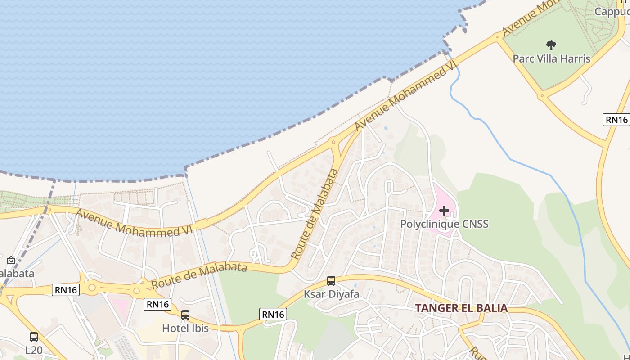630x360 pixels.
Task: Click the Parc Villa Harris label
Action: [x=551, y=58]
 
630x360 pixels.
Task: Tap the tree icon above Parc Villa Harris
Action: [x=551, y=45]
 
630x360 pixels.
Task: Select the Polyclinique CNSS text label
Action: [x=444, y=224]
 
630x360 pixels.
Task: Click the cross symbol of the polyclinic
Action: [x=444, y=210]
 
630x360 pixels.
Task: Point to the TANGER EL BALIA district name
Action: [x=461, y=308]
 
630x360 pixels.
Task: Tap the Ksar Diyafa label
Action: [x=331, y=294]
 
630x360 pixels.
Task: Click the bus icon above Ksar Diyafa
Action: [x=331, y=281]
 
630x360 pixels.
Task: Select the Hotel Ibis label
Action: [x=185, y=328]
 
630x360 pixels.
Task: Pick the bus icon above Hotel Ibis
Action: [x=185, y=315]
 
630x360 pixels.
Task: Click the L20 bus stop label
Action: [x=34, y=349]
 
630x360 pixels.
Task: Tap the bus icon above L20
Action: [x=34, y=337]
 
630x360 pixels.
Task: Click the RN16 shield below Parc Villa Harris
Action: [x=616, y=120]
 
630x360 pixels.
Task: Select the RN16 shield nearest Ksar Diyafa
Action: [x=273, y=314]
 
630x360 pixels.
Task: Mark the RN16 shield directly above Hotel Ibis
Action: [x=157, y=304]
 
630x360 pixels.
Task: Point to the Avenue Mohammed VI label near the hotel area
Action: [x=134, y=223]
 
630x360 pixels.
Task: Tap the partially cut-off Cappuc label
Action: [x=612, y=11]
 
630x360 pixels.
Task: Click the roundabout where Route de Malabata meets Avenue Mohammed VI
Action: [x=333, y=142]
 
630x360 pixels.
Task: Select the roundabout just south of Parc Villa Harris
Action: [x=541, y=96]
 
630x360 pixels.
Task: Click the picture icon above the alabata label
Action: [x=11, y=260]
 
